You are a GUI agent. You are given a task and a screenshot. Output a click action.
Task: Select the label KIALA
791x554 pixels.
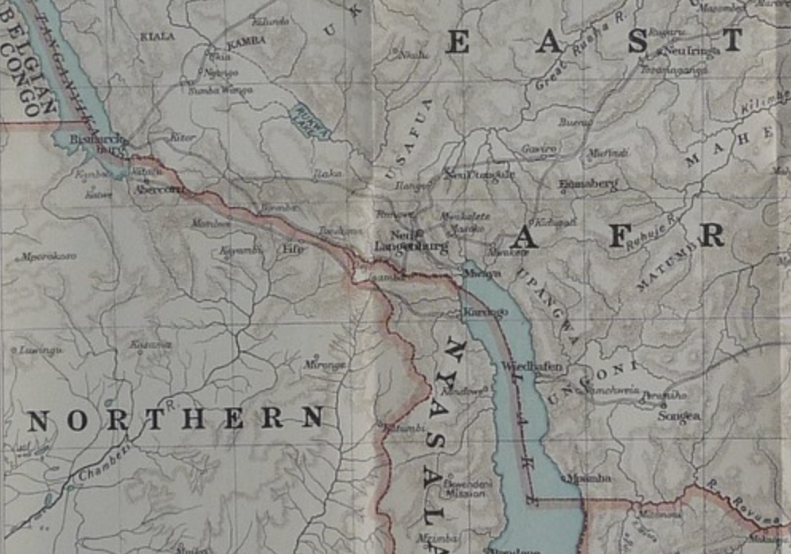157,37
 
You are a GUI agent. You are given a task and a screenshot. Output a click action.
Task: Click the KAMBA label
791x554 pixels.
247,41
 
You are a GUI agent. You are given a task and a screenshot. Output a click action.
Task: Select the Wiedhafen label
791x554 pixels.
532,367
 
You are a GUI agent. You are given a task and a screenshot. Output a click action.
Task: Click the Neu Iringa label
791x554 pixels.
692,50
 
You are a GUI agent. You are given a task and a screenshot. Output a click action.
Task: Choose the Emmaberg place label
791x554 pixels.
589,184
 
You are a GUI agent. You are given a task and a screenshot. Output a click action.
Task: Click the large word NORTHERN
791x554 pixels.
176,419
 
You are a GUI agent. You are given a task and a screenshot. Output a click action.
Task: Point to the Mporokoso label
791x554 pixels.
49,257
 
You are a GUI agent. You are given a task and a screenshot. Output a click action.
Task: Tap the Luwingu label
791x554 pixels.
41,350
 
